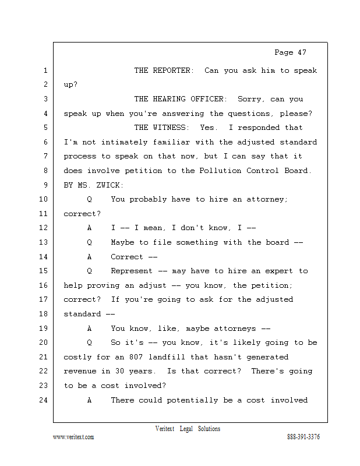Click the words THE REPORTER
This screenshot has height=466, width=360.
pos(164,70)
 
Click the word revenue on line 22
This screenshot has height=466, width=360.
pos(80,371)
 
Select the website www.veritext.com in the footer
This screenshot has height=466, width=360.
pos(73,437)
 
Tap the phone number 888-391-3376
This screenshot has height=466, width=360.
pos(303,437)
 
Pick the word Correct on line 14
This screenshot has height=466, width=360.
pos(127,256)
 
